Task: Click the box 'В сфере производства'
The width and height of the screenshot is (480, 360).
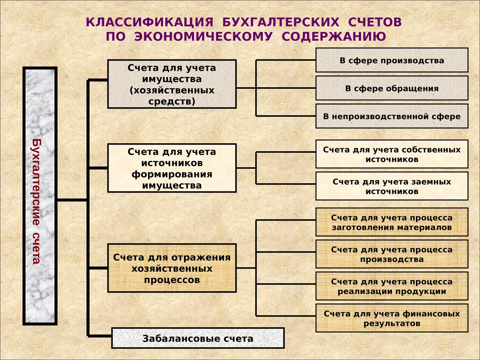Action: (x=392, y=60)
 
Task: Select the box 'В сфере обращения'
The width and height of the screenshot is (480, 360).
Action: (x=392, y=88)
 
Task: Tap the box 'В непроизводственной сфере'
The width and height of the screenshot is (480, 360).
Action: (x=392, y=116)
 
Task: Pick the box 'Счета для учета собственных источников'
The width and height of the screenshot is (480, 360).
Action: (x=392, y=154)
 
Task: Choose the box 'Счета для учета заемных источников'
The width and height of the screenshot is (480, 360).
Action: (x=392, y=186)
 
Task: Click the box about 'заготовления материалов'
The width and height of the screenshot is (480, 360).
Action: (x=392, y=222)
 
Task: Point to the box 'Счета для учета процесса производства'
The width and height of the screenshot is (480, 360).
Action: (x=392, y=254)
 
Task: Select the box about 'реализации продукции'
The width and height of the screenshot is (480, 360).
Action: (x=392, y=286)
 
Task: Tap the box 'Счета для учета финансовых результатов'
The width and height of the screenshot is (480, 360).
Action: (x=392, y=318)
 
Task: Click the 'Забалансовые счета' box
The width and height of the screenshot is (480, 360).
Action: (x=198, y=338)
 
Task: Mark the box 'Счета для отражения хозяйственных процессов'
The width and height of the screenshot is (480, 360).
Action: (x=172, y=268)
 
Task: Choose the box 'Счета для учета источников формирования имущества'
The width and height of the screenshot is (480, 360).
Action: (x=172, y=168)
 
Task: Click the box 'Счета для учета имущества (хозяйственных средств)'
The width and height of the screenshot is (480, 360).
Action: (x=172, y=84)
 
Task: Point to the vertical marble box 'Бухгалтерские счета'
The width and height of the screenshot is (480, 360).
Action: (x=40, y=196)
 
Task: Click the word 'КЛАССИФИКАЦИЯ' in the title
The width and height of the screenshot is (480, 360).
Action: (x=150, y=22)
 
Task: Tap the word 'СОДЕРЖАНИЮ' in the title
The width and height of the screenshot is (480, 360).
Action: (x=334, y=36)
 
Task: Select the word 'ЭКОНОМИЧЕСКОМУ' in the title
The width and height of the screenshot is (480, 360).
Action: (x=203, y=36)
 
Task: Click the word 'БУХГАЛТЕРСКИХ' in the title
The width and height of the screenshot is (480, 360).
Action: (x=281, y=22)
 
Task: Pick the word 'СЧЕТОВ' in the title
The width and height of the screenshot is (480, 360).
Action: (x=375, y=22)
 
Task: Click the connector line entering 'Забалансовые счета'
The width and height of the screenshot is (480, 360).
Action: (x=99, y=336)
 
